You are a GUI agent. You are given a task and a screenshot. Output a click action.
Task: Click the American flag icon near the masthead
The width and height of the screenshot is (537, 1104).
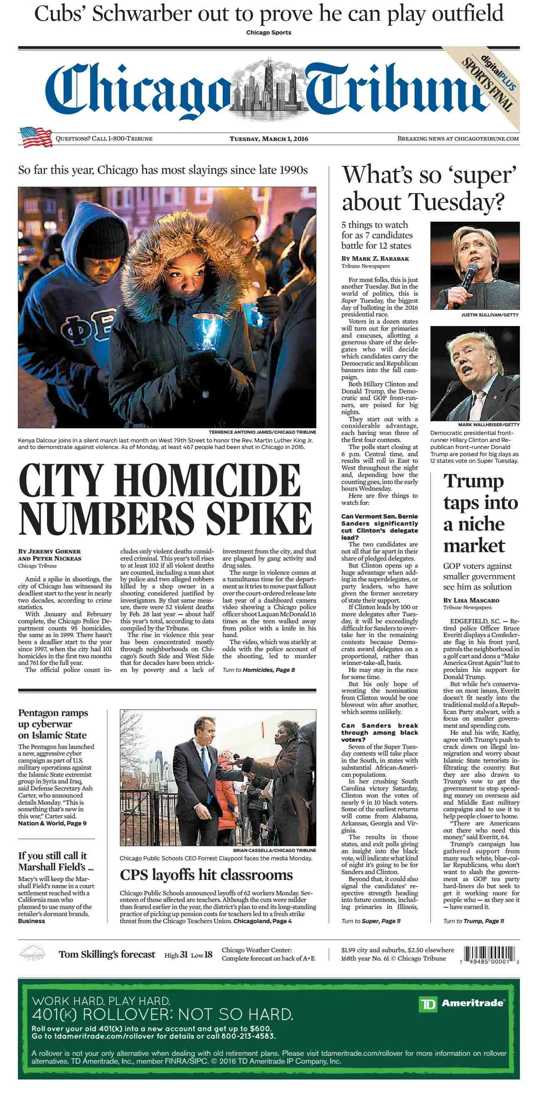point(35,137)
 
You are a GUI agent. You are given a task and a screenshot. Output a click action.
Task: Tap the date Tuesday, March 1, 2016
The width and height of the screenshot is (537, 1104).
point(268,138)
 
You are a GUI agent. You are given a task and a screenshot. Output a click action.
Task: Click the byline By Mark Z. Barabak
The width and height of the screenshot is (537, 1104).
point(375,258)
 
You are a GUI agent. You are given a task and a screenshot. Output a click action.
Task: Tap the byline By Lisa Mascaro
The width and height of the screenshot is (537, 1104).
point(471,600)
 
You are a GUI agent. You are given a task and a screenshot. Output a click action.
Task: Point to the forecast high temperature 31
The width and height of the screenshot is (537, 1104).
point(184,954)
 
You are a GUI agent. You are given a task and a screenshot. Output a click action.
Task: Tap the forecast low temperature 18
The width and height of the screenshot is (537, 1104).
point(209,954)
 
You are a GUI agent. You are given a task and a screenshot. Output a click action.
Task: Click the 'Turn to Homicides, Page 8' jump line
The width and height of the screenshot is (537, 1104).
point(258,670)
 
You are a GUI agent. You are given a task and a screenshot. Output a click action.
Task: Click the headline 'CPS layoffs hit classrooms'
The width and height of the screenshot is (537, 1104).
point(206,875)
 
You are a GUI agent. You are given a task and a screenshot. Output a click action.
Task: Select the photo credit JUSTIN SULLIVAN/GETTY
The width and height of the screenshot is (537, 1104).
point(490,315)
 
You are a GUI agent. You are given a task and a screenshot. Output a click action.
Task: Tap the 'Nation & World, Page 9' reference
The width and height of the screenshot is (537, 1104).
point(52,823)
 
